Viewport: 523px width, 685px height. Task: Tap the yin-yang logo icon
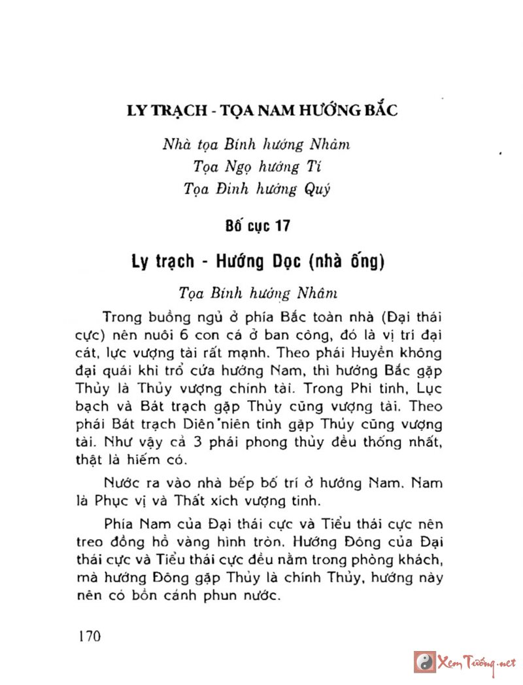click(x=423, y=662)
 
